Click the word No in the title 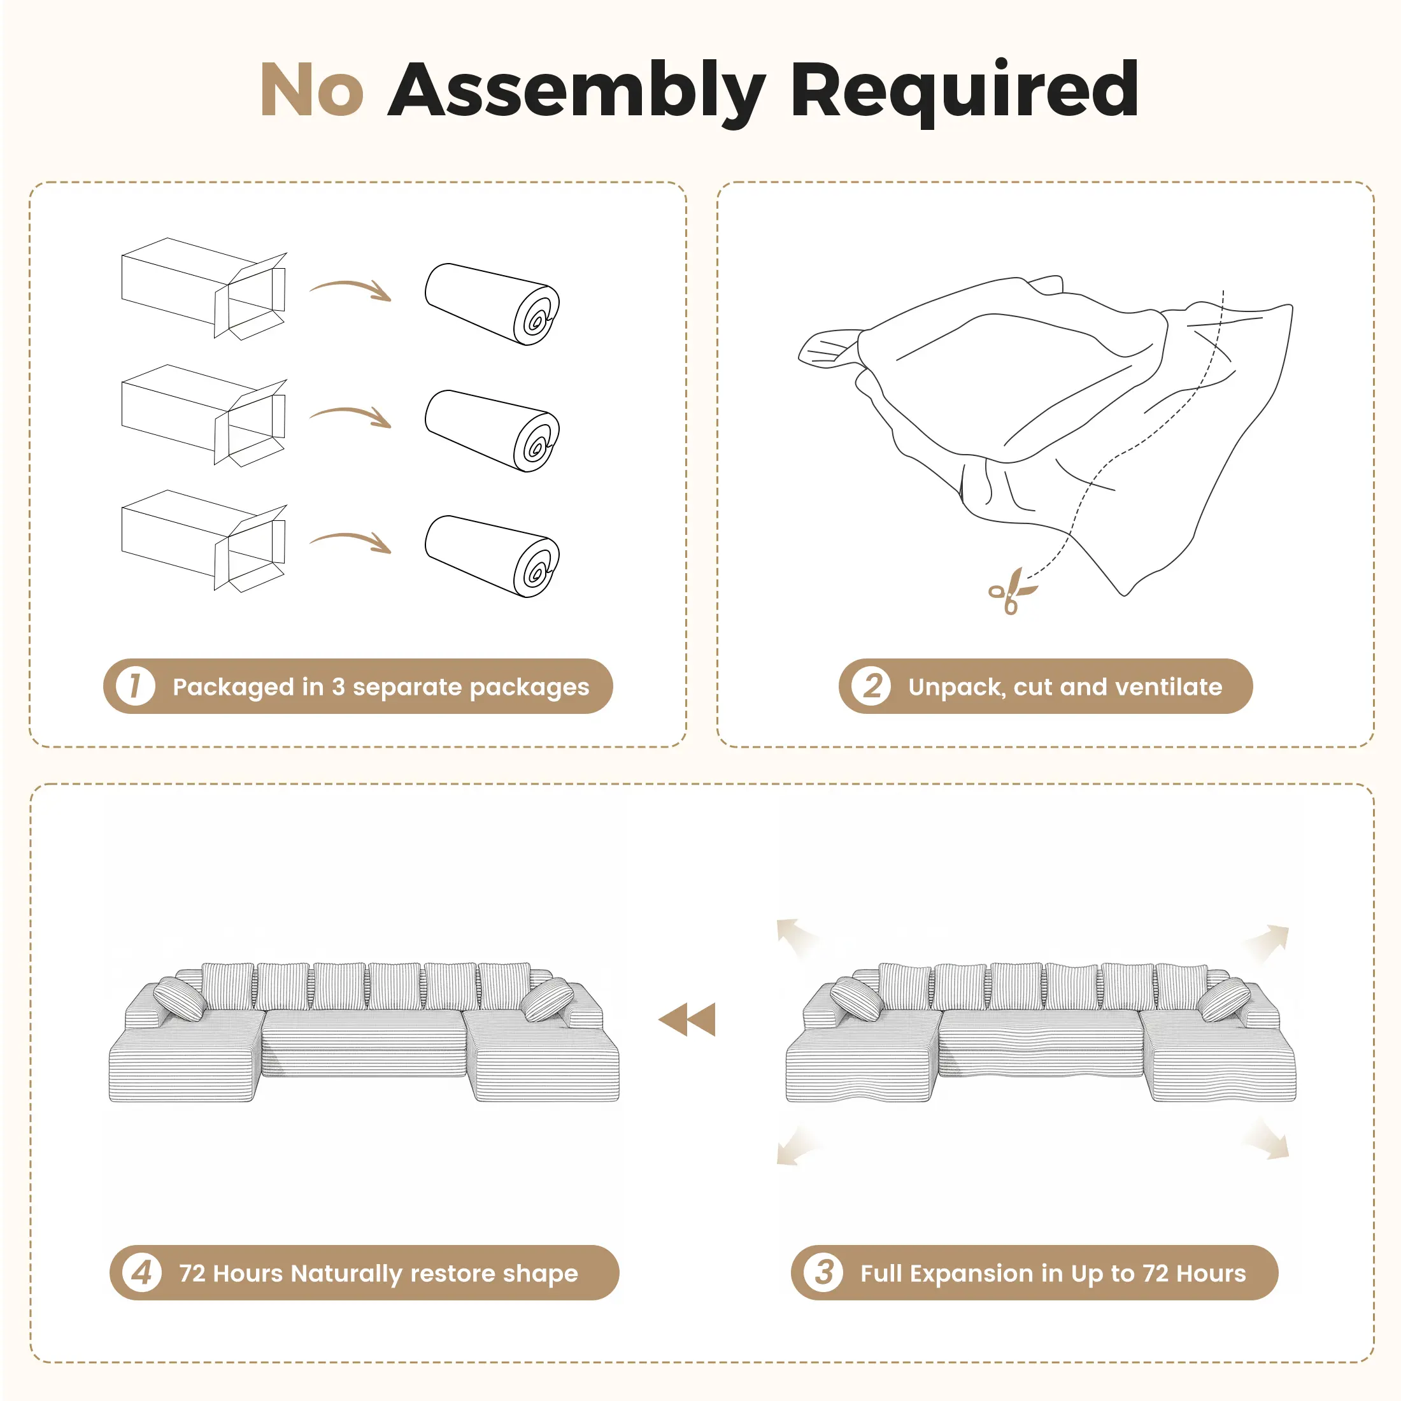(312, 89)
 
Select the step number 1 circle (135, 686)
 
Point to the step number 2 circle (871, 686)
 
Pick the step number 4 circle (142, 1272)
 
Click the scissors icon (1013, 591)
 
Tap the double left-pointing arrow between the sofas (686, 1020)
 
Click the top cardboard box (204, 288)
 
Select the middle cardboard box (204, 415)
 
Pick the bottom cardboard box (204, 541)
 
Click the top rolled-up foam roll (492, 304)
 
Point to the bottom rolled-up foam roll (492, 556)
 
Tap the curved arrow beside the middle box (351, 415)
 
